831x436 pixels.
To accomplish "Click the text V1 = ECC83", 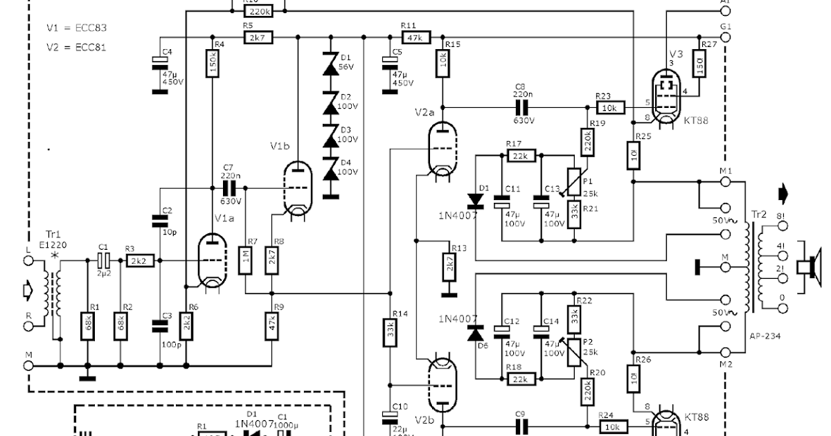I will [76, 28].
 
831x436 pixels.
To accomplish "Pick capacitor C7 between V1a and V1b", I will [228, 188].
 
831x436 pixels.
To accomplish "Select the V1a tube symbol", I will [212, 261].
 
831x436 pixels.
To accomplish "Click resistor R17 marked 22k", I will [519, 156].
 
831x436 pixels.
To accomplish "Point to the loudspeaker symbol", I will [807, 267].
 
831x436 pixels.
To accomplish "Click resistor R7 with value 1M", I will [246, 261].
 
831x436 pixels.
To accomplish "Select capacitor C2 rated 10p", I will [160, 221].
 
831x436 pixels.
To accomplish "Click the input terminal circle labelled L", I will [28, 261].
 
